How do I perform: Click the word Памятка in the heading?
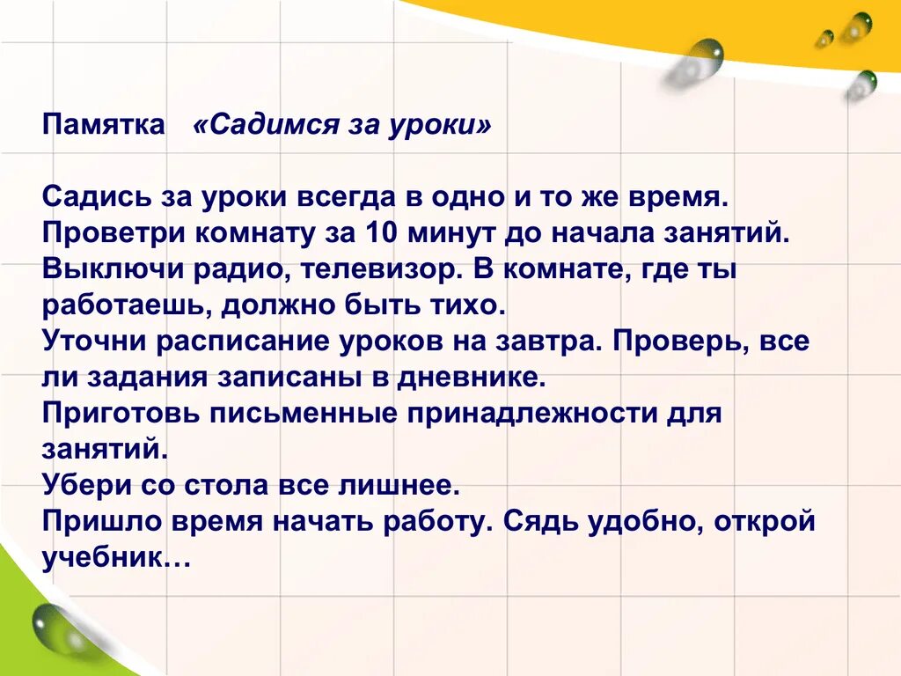click(103, 125)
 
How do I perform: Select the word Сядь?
click(536, 521)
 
